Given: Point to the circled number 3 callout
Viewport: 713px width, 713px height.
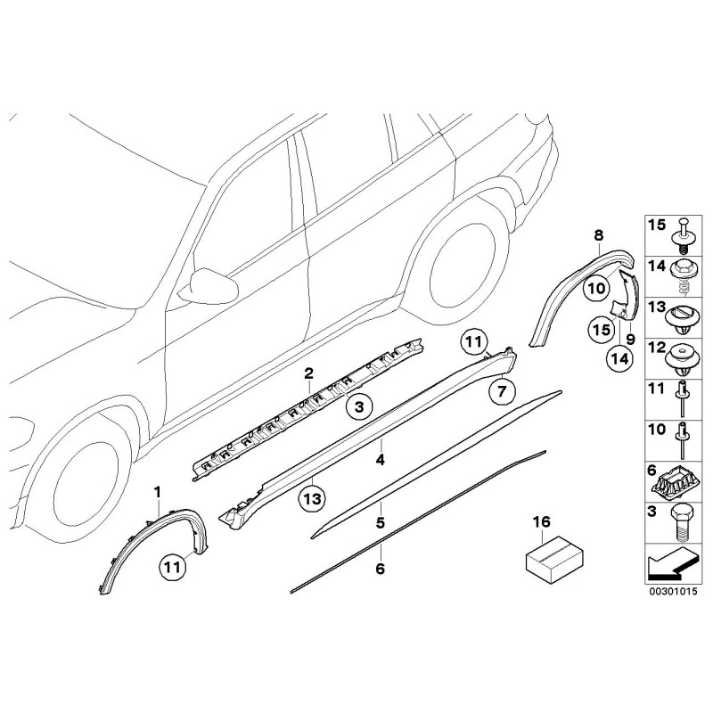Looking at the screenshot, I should [358, 408].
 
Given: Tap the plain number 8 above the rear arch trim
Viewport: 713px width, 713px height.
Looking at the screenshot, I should [599, 235].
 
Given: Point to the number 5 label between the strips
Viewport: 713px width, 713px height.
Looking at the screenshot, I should [380, 522].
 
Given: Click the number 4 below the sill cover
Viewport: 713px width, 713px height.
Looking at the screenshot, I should [381, 461].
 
